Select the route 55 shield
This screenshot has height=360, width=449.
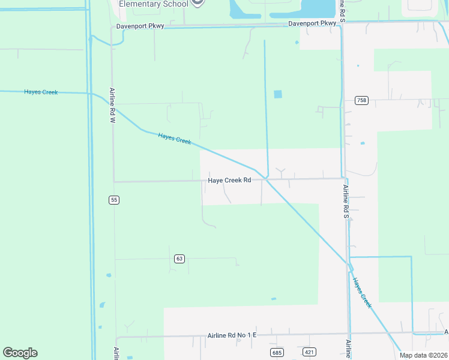[113, 200]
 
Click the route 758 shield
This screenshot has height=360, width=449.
[361, 100]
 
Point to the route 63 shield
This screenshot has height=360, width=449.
[179, 259]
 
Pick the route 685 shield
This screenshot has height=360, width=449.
[277, 352]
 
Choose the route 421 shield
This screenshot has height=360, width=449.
[309, 352]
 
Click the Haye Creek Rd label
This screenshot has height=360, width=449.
[229, 180]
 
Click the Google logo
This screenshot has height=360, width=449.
[20, 353]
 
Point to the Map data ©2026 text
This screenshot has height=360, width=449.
[423, 355]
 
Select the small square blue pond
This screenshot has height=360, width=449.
[277, 94]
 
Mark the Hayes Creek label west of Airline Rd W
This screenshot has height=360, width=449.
[40, 92]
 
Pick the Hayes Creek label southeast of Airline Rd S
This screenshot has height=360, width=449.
[363, 293]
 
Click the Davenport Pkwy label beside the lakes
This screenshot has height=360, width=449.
[312, 23]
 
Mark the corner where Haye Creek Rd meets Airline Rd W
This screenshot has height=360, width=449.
[113, 181]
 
